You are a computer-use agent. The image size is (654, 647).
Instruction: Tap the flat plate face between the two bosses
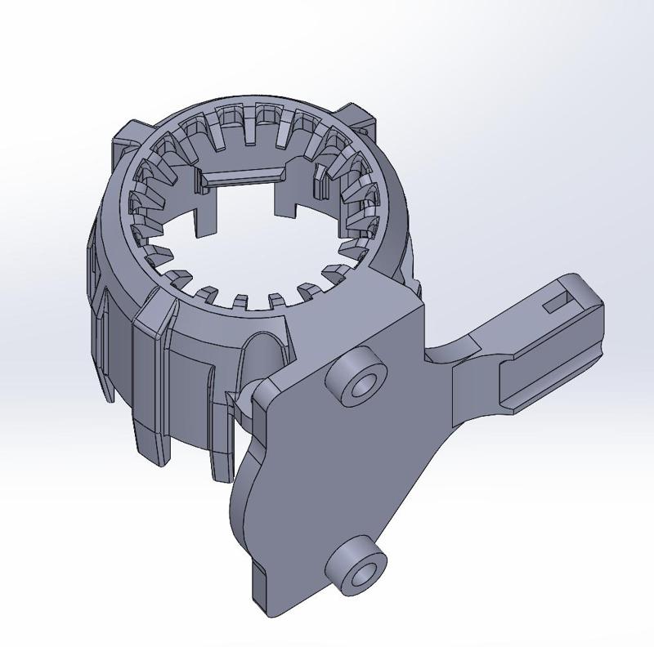(x=343, y=474)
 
